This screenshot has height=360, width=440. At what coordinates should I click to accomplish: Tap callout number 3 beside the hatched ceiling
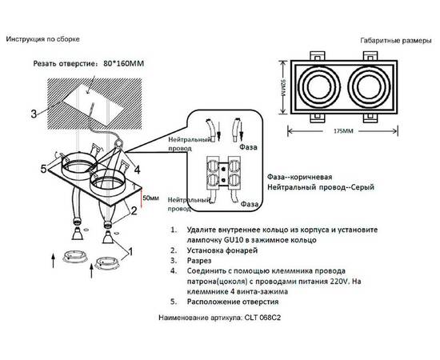pyautogui.click(x=34, y=114)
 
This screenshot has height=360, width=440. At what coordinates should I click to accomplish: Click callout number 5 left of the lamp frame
pyautogui.click(x=46, y=169)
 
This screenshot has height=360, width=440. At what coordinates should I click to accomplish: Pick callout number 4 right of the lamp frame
pyautogui.click(x=138, y=170)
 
